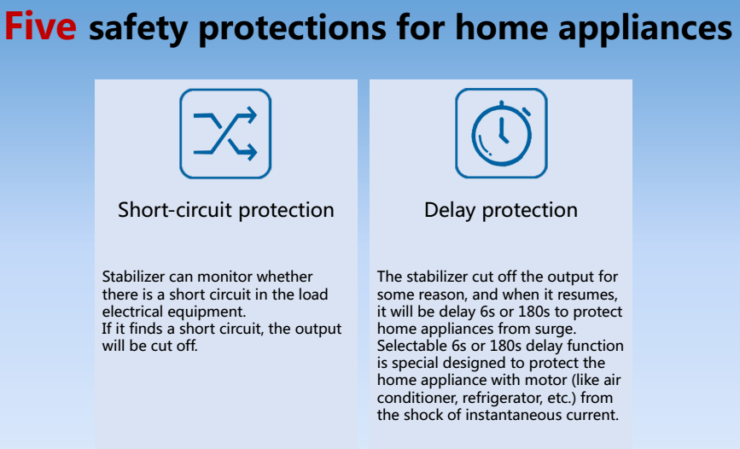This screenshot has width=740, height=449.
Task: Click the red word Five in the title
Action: click(x=40, y=26)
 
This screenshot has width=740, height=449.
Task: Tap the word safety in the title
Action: click(x=137, y=28)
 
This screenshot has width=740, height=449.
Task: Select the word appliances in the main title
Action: click(x=645, y=28)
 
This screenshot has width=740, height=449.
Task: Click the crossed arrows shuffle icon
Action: click(x=225, y=134)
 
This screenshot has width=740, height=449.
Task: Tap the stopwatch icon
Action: click(x=501, y=133)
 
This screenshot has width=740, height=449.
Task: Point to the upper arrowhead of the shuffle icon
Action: click(x=251, y=115)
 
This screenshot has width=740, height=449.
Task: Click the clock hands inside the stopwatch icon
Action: click(x=503, y=131)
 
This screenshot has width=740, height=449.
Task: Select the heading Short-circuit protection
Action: click(x=226, y=210)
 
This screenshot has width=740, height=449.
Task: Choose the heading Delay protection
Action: click(x=501, y=210)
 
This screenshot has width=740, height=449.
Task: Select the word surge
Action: click(x=556, y=329)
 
